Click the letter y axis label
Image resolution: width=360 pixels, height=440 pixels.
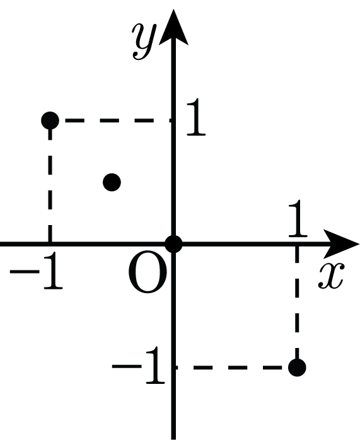144,42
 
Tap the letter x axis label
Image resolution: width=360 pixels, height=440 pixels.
330,275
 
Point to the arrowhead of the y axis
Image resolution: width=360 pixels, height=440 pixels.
173,26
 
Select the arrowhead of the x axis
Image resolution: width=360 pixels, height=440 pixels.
341,243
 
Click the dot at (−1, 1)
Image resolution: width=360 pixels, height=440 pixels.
50,120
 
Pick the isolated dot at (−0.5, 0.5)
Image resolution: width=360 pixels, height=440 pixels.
112,182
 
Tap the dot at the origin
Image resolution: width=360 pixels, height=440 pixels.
173,244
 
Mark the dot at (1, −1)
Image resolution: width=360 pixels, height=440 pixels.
297,368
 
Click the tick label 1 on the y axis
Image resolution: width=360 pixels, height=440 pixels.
196,117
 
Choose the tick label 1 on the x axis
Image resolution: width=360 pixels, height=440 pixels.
298,218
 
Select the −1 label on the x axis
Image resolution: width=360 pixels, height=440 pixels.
37,271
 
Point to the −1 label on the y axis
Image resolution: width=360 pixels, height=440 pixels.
139,365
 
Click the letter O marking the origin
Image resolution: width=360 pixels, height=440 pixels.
148,272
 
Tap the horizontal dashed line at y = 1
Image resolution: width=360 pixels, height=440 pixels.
117,120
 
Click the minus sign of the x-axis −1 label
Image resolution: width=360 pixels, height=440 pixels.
25,272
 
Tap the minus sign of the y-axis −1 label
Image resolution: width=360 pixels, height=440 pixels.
127,366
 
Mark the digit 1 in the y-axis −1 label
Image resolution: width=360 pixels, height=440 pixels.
155,365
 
